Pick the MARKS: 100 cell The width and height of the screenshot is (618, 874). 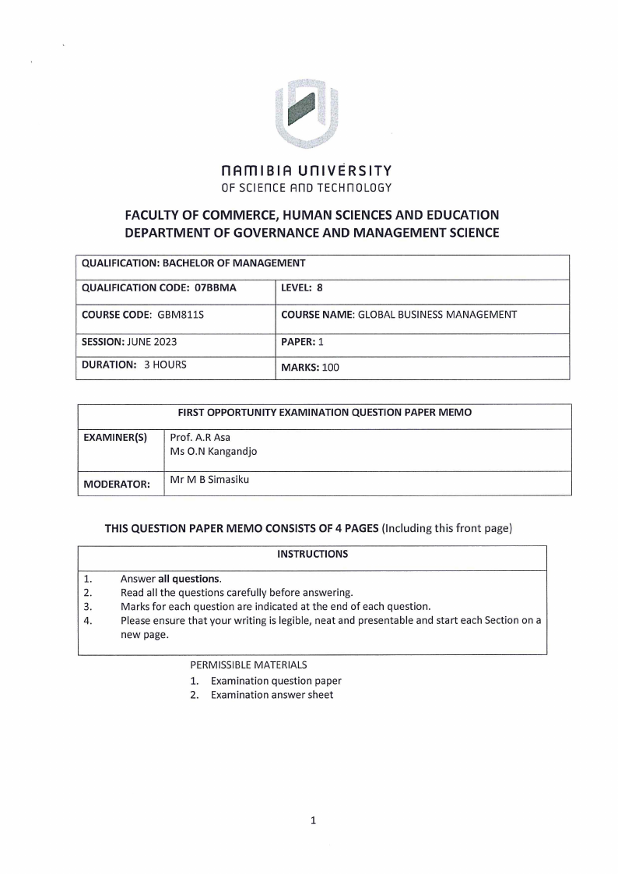[310, 367]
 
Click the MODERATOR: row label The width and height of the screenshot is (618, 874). [117, 484]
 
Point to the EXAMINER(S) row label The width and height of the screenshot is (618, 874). [115, 438]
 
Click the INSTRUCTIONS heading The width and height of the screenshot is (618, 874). [312, 554]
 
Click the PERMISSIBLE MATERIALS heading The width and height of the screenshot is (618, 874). [248, 665]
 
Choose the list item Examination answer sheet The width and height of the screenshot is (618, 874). [272, 695]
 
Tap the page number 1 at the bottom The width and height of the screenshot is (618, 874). [312, 819]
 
